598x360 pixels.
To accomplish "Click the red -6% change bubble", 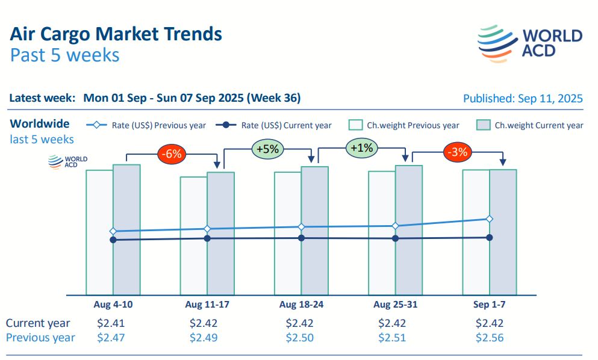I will [172, 154].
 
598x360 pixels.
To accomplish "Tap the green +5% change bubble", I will [266, 149].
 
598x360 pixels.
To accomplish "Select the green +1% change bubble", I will [360, 147].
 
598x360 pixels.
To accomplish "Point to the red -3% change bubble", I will [456, 152].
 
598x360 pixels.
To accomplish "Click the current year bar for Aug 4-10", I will [126, 265].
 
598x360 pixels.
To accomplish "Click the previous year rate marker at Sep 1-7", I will [490, 219].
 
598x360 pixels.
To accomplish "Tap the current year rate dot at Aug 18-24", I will [301, 238].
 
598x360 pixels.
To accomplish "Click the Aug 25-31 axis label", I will [395, 305].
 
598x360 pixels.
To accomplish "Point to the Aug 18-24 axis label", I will [301, 305].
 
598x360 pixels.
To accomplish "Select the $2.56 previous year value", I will [490, 338].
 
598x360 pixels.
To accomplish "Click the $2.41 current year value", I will [111, 323].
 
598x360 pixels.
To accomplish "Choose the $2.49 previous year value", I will [204, 338].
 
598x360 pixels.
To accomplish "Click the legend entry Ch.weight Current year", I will [530, 125].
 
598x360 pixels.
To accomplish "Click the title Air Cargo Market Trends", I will [116, 33].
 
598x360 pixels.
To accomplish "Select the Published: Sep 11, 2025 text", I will [523, 98].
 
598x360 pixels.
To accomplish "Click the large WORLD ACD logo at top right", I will [530, 43].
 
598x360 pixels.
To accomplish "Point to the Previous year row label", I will [40, 338].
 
